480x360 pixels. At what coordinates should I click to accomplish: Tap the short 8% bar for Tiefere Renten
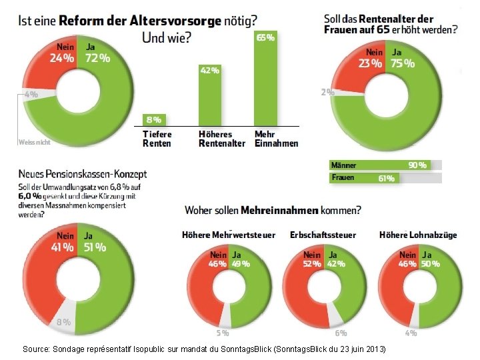click(154, 120)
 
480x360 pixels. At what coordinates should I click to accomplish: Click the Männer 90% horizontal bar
click(379, 165)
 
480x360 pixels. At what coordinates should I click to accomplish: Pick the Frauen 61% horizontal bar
click(364, 178)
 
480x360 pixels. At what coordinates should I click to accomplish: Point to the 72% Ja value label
click(97, 57)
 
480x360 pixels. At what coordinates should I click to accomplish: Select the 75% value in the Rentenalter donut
click(403, 64)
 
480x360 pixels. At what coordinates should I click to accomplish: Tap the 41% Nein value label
click(61, 247)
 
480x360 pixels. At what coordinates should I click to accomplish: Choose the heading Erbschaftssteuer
click(323, 235)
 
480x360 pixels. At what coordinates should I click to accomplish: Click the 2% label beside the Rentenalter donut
click(327, 93)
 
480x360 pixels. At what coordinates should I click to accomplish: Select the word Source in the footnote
click(35, 349)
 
